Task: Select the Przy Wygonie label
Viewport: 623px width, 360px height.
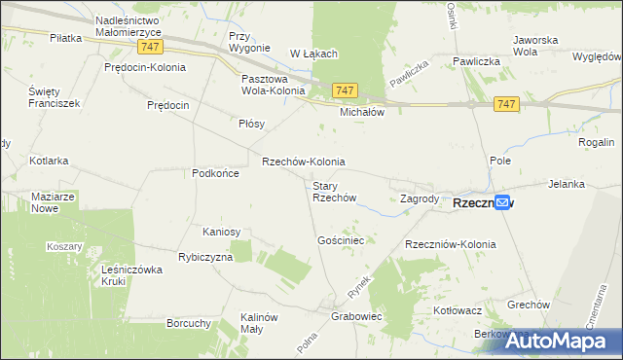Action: [x=248, y=42]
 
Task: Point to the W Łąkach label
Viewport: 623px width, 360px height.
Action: [x=312, y=53]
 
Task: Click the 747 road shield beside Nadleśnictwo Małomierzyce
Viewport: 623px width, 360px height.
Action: [x=150, y=47]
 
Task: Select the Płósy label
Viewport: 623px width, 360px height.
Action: [x=252, y=124]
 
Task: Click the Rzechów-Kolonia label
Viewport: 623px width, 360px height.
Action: [x=303, y=162]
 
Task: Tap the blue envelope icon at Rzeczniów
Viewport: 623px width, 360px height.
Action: [x=502, y=202]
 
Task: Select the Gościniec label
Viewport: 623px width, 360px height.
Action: [x=341, y=239]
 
